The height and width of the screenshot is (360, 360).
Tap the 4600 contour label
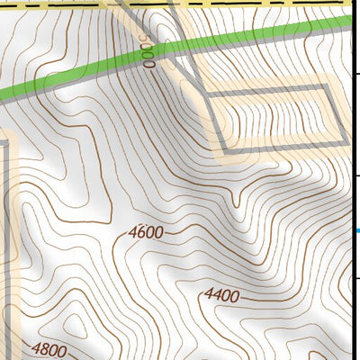(x=146, y=232)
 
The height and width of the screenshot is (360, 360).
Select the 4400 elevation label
(x=221, y=294)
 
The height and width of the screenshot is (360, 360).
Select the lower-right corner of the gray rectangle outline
(x=343, y=140)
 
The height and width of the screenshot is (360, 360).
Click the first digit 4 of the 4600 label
(x=132, y=233)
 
